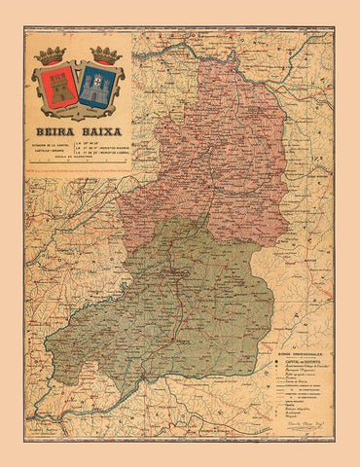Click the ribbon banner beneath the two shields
coord(77,112)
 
